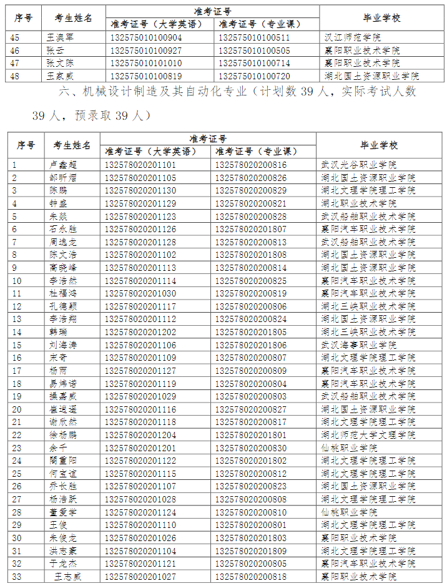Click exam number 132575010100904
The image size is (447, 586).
click(146, 37)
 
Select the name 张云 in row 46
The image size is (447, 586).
click(55, 50)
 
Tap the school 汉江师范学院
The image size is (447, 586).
click(353, 37)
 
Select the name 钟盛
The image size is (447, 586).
click(58, 203)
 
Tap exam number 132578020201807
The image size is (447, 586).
click(251, 229)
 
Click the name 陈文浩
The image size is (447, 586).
click(63, 255)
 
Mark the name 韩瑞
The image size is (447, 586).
click(58, 332)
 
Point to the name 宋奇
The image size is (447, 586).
click(58, 358)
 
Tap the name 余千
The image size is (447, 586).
click(58, 448)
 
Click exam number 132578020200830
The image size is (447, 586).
click(251, 448)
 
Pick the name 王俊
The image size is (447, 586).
click(58, 525)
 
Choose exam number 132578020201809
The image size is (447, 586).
click(251, 551)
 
